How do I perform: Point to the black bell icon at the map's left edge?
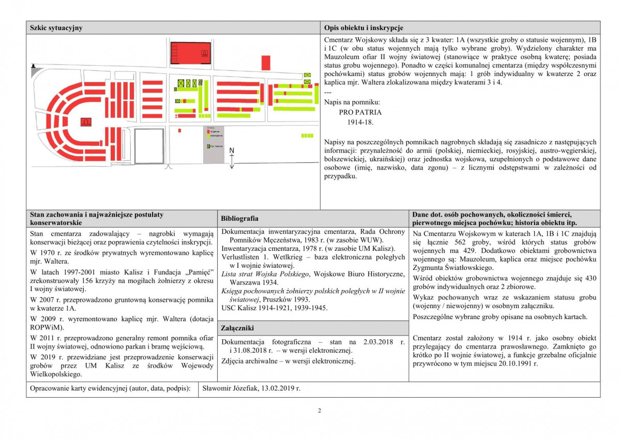click(33, 66)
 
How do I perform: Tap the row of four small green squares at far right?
click(307, 135)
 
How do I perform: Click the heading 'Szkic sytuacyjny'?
click(56, 28)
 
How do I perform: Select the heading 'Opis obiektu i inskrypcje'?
click(364, 28)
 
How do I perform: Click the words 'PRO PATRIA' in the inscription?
click(360, 112)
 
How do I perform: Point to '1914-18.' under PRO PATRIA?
click(360, 122)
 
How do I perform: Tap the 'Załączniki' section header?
click(237, 328)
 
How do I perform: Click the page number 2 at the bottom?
click(319, 411)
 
